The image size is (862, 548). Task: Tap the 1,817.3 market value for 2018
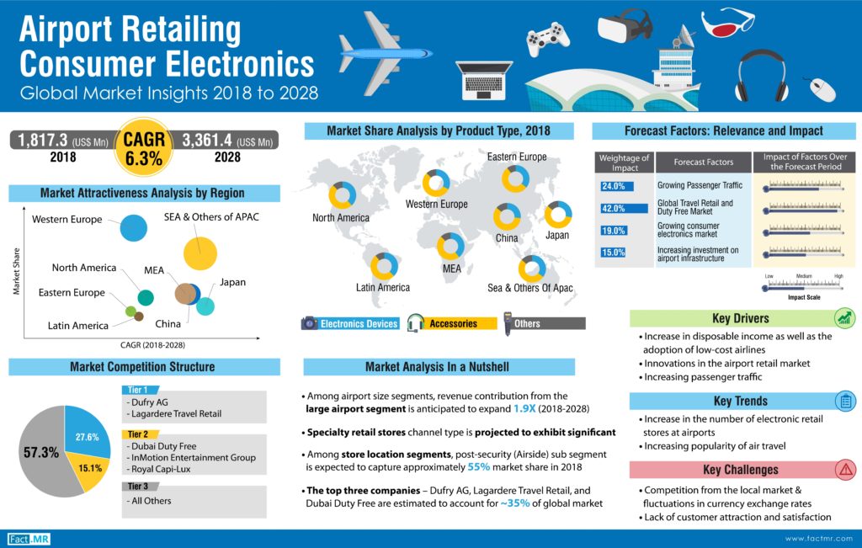coord(39,140)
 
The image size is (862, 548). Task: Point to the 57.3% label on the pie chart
coord(40,452)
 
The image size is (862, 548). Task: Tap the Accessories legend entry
coord(453,323)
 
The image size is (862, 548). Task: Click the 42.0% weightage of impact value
coord(614,208)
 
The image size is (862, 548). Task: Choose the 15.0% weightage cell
coord(614,252)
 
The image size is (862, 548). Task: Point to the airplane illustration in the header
coord(383,55)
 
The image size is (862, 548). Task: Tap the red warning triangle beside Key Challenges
coord(843,470)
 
